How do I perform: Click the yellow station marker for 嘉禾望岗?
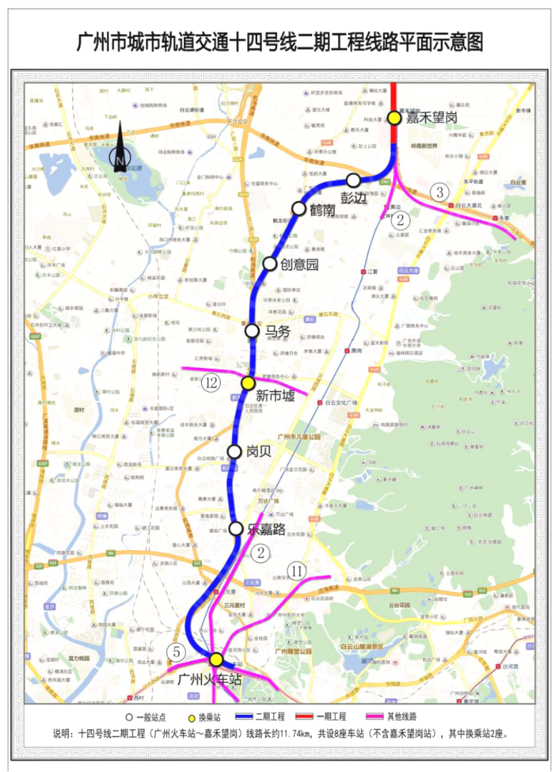pyautogui.click(x=394, y=118)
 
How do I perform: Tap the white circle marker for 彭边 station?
pyautogui.click(x=354, y=180)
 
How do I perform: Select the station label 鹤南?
pyautogui.click(x=323, y=211)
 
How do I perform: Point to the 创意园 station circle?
pyautogui.click(x=270, y=264)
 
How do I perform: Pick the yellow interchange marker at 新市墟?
pyautogui.click(x=248, y=383)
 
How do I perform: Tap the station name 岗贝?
pyautogui.click(x=258, y=453)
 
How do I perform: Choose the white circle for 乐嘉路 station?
pyautogui.click(x=236, y=529)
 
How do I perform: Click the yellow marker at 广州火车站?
pyautogui.click(x=216, y=660)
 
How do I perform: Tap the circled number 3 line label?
pyautogui.click(x=440, y=192)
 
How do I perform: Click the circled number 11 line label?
pyautogui.click(x=298, y=571)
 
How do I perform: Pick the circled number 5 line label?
pyautogui.click(x=176, y=652)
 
